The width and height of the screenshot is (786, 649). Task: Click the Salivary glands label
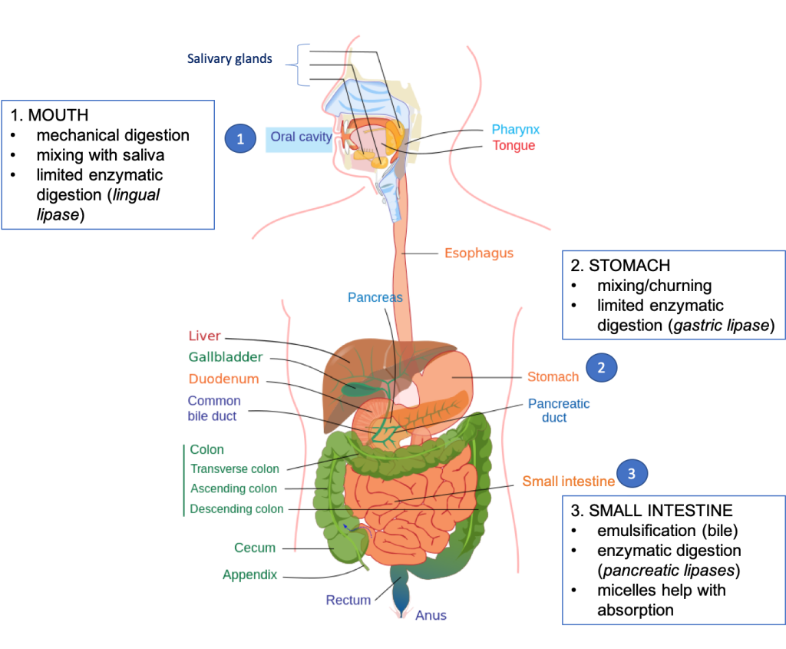[x=230, y=58]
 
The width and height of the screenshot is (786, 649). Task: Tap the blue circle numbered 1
[x=240, y=139]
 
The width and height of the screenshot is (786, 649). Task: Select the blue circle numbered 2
[x=601, y=368]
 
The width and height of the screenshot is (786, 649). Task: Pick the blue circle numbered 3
[x=632, y=473]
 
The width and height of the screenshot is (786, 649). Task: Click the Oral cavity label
[x=301, y=137]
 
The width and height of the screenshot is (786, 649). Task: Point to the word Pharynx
[x=516, y=130]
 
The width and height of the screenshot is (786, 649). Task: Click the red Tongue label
[x=514, y=145]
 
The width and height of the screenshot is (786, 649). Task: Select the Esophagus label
[x=479, y=253]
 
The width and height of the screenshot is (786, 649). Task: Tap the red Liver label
[x=205, y=336]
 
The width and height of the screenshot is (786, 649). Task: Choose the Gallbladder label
[x=226, y=357]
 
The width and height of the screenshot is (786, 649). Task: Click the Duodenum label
[x=223, y=379]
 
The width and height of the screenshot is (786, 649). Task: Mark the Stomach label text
[x=553, y=377]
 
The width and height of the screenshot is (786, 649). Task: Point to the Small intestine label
[x=569, y=482]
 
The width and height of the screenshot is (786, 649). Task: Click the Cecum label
[x=255, y=548]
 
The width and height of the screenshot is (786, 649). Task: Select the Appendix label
[x=249, y=574]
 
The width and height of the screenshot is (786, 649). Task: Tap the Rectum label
[x=348, y=600]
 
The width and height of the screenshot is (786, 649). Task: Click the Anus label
[x=431, y=615]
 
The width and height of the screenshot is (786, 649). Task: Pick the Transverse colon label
[x=235, y=469]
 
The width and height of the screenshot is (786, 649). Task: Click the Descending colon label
[x=236, y=508]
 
